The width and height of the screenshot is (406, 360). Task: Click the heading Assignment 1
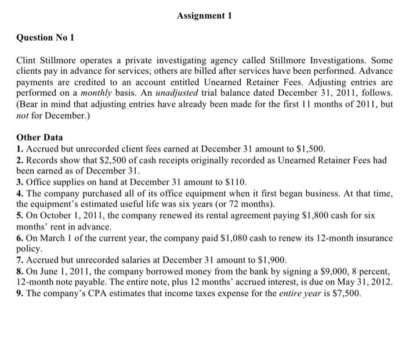[x=204, y=16]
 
